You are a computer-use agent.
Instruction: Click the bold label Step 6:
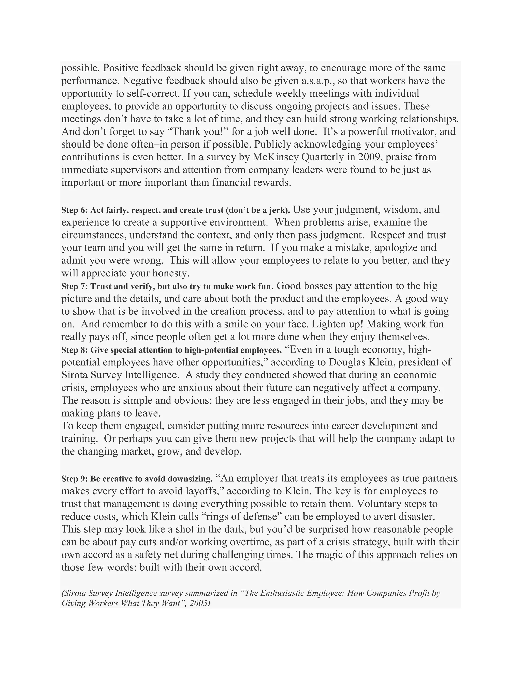point(74,211)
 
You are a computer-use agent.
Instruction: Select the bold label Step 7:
point(74,287)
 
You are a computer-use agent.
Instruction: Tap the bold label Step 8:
point(74,350)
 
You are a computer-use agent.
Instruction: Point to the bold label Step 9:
point(74,479)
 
